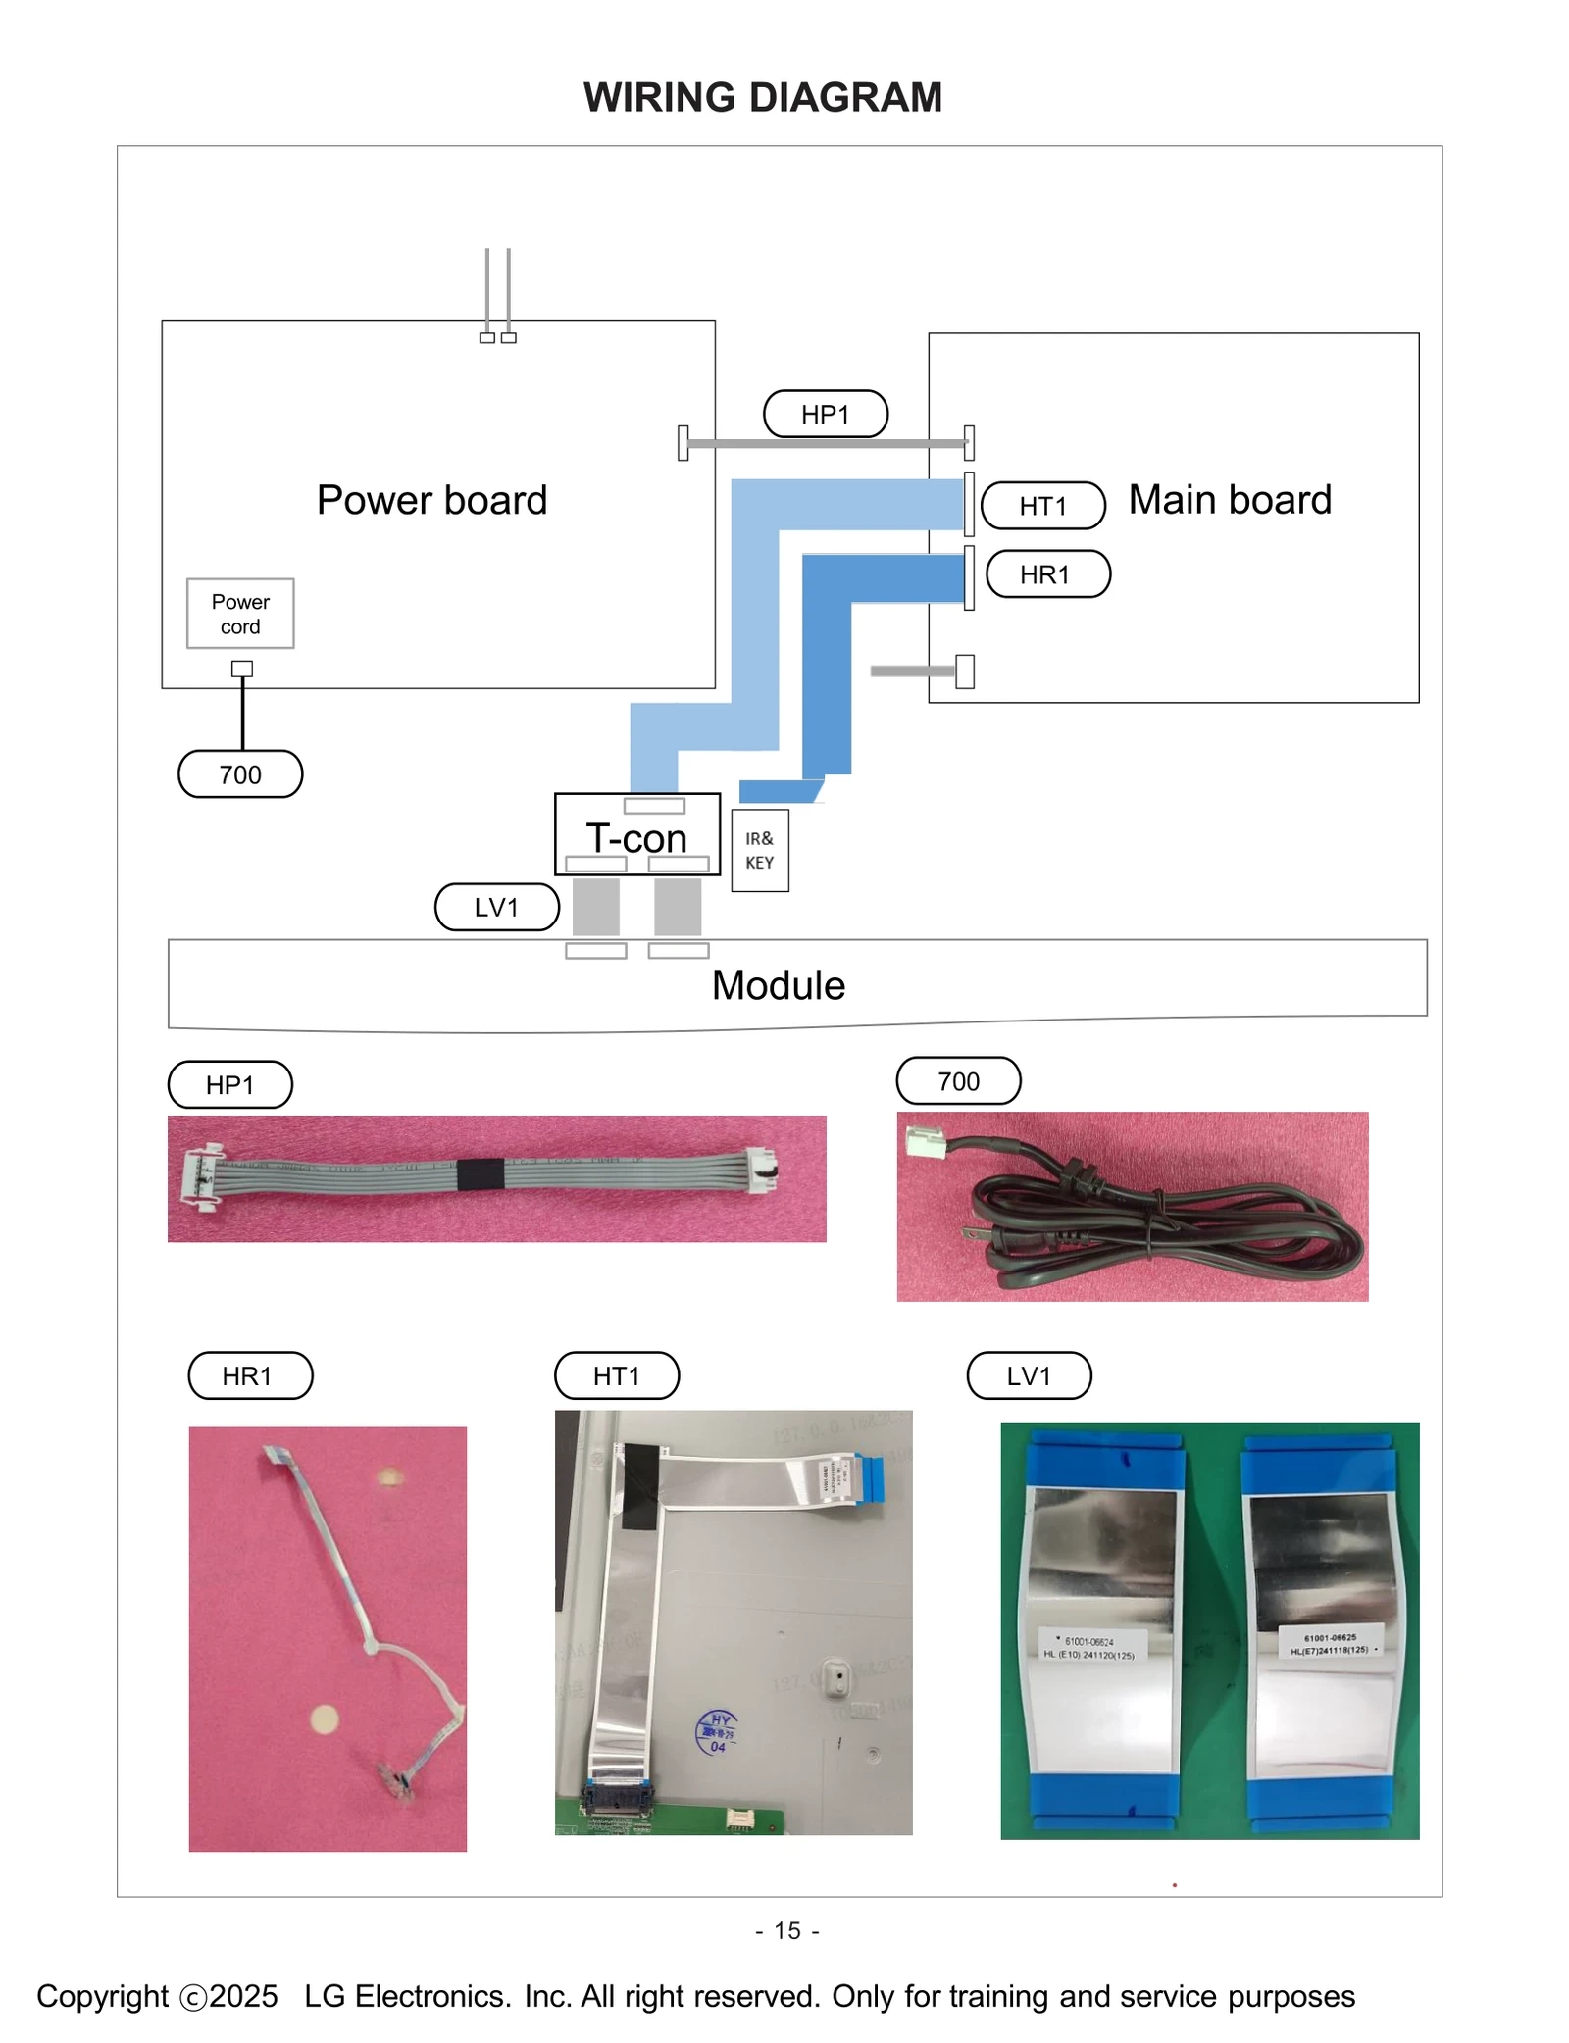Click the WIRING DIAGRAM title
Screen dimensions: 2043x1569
[762, 97]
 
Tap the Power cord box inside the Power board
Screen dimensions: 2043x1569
[240, 614]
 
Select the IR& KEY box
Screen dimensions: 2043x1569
[759, 850]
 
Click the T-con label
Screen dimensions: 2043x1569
[635, 838]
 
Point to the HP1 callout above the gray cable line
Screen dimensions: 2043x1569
[825, 414]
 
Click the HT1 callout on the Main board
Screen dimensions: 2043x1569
[1042, 506]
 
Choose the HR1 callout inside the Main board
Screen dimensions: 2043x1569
[1046, 574]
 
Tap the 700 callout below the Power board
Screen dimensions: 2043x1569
[240, 774]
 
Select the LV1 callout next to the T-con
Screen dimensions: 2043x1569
[496, 907]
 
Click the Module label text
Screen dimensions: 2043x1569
[778, 984]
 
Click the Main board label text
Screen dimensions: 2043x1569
[1229, 500]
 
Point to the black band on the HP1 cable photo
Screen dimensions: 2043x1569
[481, 1173]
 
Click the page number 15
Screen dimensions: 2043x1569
[786, 1930]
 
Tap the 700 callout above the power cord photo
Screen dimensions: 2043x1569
[958, 1081]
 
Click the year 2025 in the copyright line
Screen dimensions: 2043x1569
[243, 1996]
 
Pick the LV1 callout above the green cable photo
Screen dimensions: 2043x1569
[1028, 1375]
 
